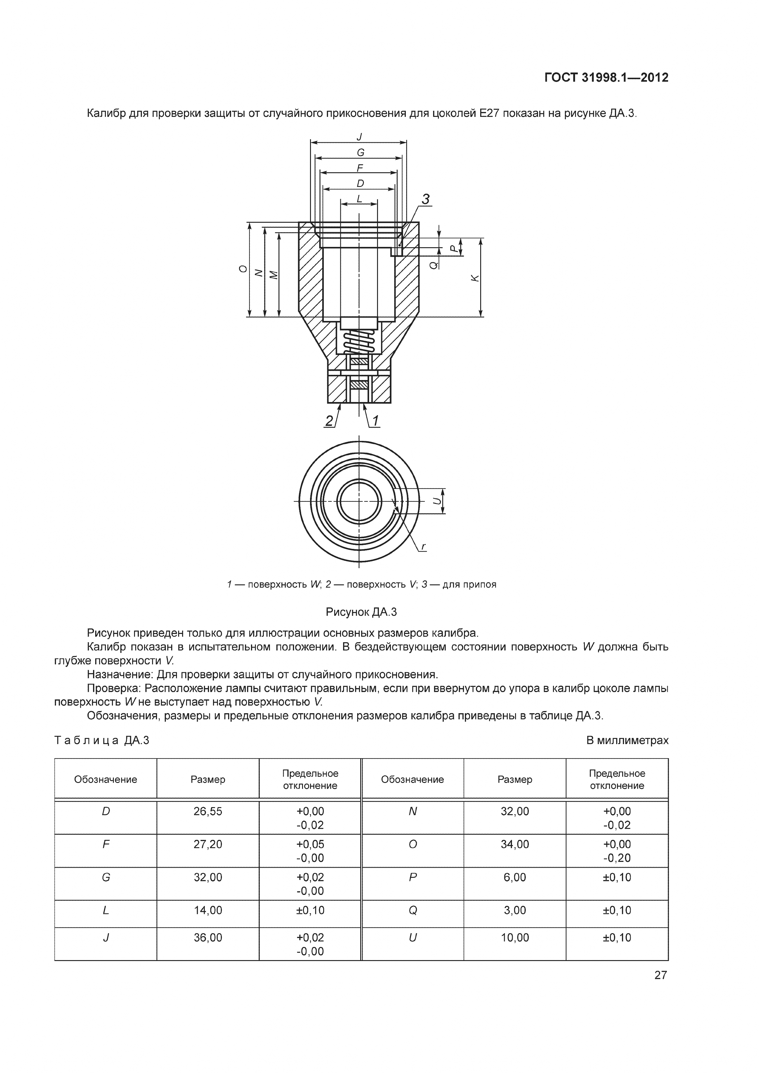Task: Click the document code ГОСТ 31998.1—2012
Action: [x=606, y=78]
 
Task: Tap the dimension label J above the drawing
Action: [x=359, y=136]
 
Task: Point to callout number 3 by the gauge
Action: [x=426, y=199]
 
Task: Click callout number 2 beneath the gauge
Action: [x=330, y=421]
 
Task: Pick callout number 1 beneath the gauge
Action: [x=375, y=421]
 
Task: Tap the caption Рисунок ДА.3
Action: [x=361, y=612]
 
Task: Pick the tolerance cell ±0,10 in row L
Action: [x=310, y=910]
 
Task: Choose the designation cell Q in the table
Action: [x=412, y=910]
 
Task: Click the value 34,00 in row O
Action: [x=514, y=844]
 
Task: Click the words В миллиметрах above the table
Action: [x=627, y=740]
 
